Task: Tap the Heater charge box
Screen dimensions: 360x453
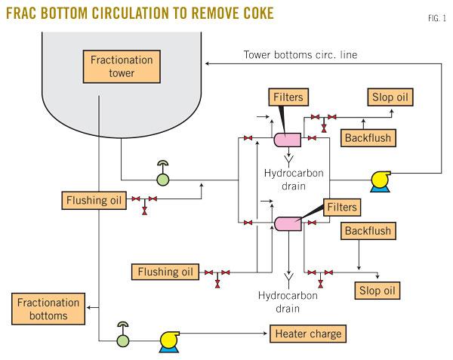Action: tap(308, 334)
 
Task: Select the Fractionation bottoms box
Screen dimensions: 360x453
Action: tap(44, 308)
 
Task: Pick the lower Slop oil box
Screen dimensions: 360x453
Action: tap(377, 291)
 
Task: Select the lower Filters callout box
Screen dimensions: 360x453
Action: tap(342, 206)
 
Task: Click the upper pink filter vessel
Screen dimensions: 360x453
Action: tap(287, 139)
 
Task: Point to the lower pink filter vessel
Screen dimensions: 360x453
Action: tap(287, 223)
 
